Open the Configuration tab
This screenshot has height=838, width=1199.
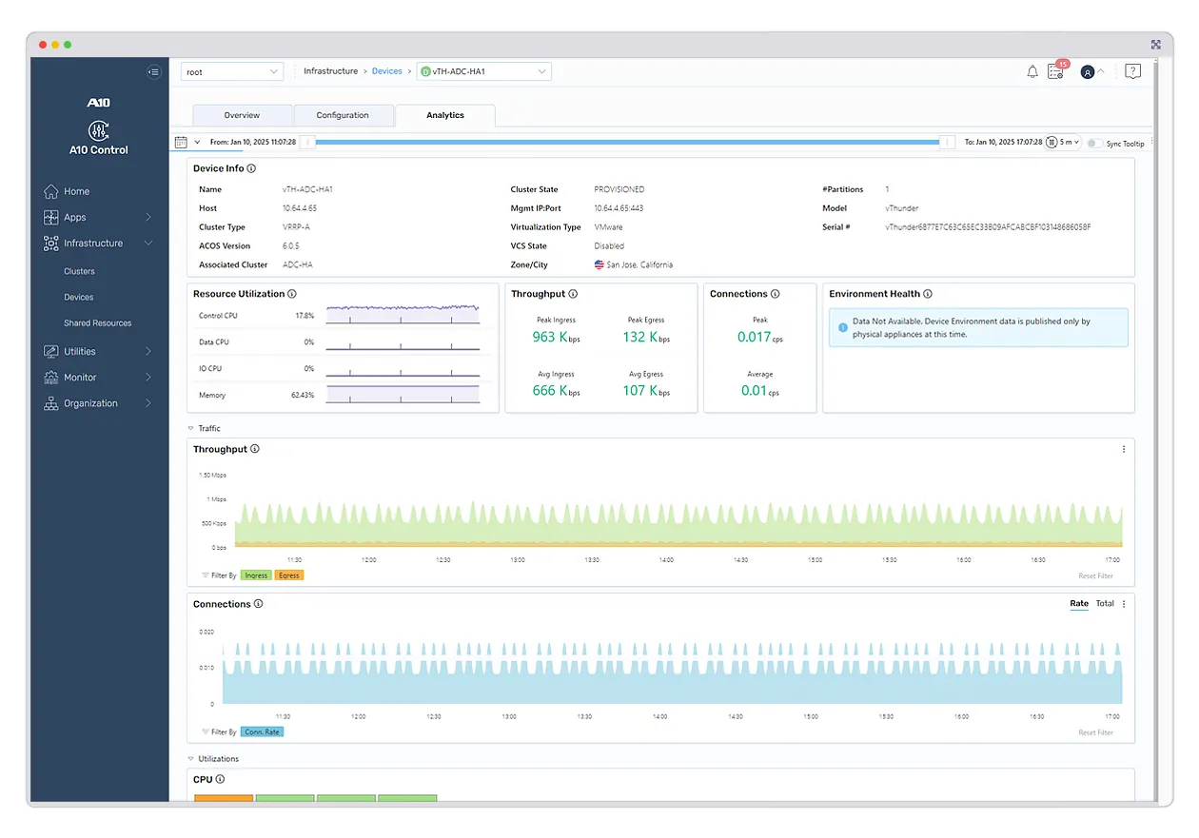click(x=343, y=115)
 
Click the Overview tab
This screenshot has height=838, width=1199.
click(x=242, y=115)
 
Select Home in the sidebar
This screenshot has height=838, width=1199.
click(x=76, y=191)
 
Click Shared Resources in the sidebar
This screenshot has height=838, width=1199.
click(x=97, y=323)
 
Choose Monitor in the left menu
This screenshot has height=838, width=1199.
click(x=80, y=378)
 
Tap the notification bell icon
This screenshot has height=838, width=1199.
click(x=1032, y=71)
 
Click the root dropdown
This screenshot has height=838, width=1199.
click(x=232, y=71)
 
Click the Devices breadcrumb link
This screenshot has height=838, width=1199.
click(x=386, y=71)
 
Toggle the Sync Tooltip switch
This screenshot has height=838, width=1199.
click(x=1095, y=143)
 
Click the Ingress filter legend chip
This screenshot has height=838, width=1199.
click(x=256, y=575)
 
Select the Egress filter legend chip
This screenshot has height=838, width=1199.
click(x=288, y=575)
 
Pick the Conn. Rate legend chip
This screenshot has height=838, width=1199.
click(x=262, y=731)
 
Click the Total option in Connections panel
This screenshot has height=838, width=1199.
click(x=1105, y=604)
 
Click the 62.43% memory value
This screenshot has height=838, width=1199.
click(x=303, y=395)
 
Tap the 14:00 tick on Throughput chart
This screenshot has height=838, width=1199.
click(x=666, y=559)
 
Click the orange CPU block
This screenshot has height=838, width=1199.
click(x=224, y=798)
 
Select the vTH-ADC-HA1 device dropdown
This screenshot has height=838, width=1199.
click(x=484, y=71)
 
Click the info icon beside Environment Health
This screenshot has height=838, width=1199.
click(x=928, y=294)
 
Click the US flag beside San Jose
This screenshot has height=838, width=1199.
click(x=599, y=264)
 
